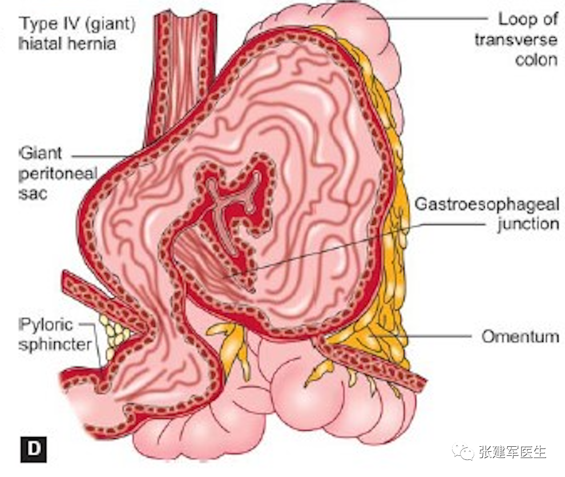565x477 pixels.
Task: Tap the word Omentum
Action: (x=520, y=336)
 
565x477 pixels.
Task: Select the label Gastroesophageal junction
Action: (x=486, y=213)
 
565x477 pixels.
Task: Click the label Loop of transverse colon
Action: (x=527, y=39)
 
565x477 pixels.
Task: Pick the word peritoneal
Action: (x=58, y=173)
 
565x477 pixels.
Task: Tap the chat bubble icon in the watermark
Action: (x=463, y=452)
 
